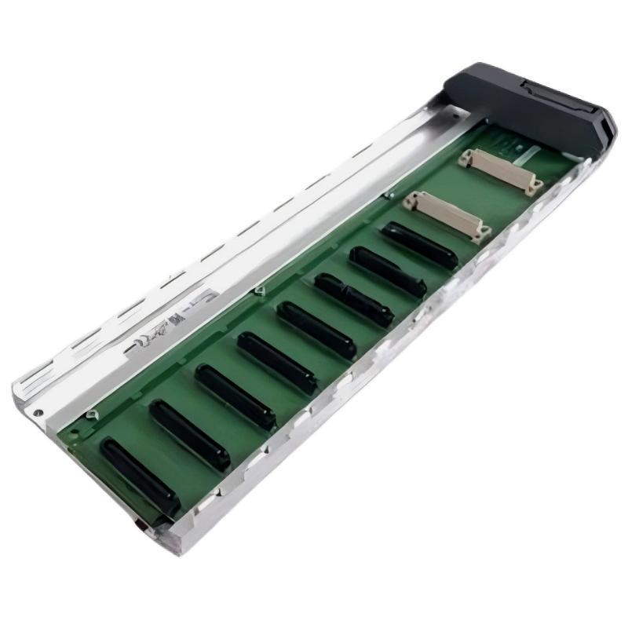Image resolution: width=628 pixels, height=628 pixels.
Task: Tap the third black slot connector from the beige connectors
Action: [x=353, y=299]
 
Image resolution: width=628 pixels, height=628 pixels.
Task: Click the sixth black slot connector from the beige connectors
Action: [x=235, y=396]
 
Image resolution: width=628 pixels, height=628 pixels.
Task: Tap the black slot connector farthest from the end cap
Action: [x=139, y=474]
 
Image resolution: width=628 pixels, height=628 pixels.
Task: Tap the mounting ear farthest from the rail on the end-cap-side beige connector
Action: [x=536, y=187]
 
